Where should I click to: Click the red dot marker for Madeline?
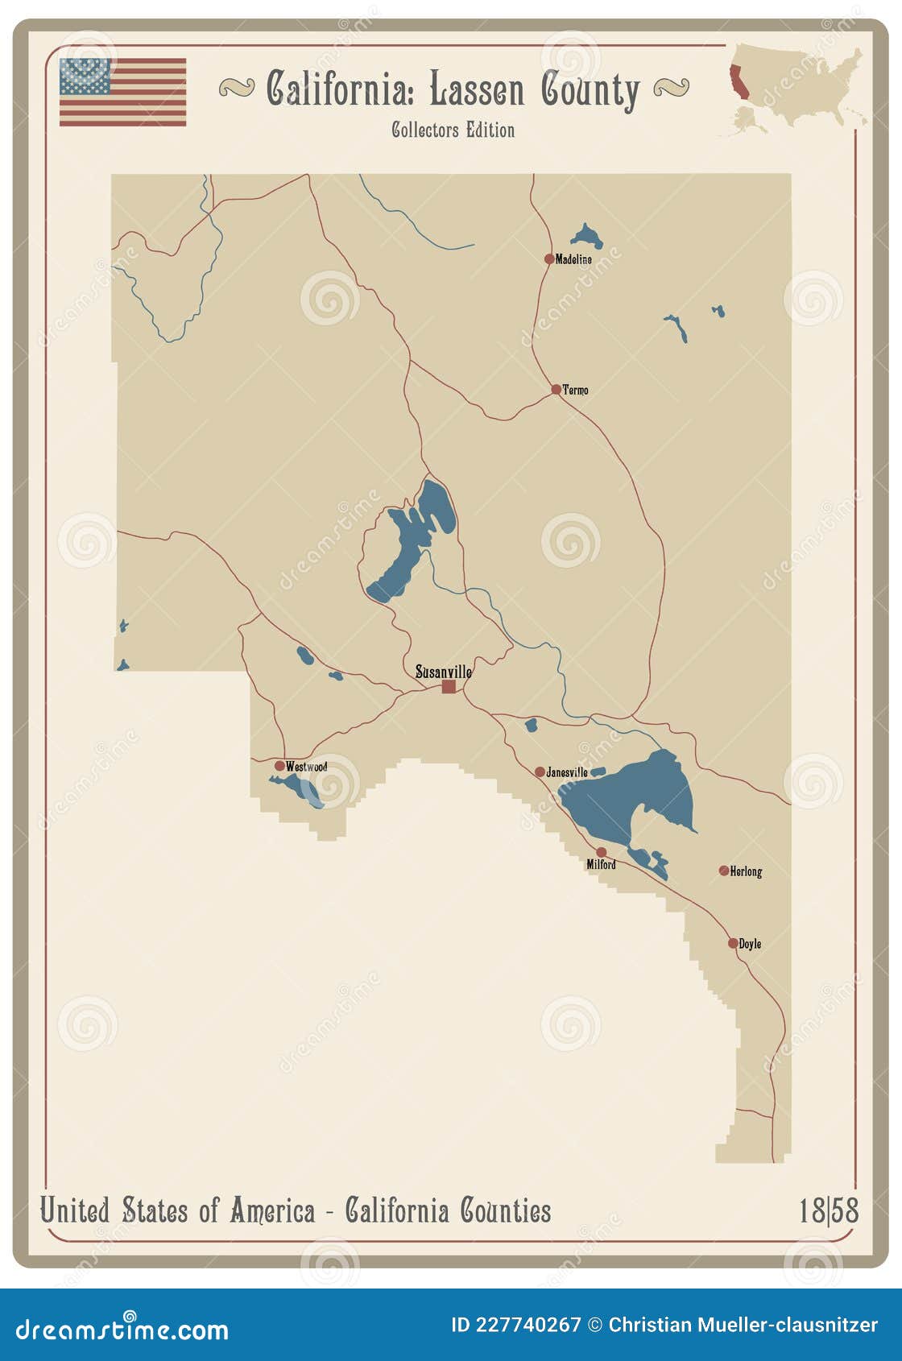(x=549, y=259)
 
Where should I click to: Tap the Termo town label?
(x=575, y=390)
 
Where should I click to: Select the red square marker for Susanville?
(x=449, y=686)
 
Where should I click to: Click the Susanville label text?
(x=444, y=671)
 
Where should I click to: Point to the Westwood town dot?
(x=279, y=766)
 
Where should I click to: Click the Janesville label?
(x=567, y=772)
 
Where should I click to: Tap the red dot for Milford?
(x=601, y=852)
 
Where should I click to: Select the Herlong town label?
(x=746, y=871)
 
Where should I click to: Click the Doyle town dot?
(x=733, y=943)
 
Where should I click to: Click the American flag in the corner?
(x=122, y=92)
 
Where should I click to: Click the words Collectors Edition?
(x=453, y=130)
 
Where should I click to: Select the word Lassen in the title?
(x=477, y=89)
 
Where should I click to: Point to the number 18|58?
(x=829, y=1210)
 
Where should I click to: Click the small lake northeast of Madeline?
(x=588, y=236)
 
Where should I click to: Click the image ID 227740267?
(x=515, y=1325)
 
